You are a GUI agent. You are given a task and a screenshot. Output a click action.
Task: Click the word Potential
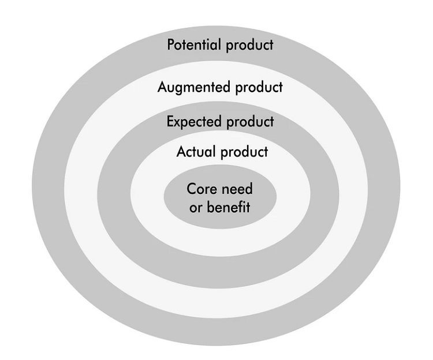tap(192, 44)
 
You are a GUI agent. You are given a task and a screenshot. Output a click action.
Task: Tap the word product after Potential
tap(247, 45)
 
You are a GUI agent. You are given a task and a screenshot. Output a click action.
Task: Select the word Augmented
tap(195, 88)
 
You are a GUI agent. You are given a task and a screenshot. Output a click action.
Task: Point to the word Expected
tap(195, 122)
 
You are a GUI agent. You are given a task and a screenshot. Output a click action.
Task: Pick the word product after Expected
tap(250, 122)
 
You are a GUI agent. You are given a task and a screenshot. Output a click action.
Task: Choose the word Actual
tap(196, 152)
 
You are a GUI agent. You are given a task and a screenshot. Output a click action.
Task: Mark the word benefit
tap(228, 207)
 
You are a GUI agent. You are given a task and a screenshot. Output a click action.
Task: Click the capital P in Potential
tap(171, 44)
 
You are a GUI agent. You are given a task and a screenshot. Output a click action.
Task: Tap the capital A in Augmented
tap(162, 88)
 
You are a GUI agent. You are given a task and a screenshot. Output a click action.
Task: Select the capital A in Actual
tap(181, 152)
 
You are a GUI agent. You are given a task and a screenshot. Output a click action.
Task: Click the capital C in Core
tap(191, 189)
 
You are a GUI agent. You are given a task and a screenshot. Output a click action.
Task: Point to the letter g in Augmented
tap(179, 89)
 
